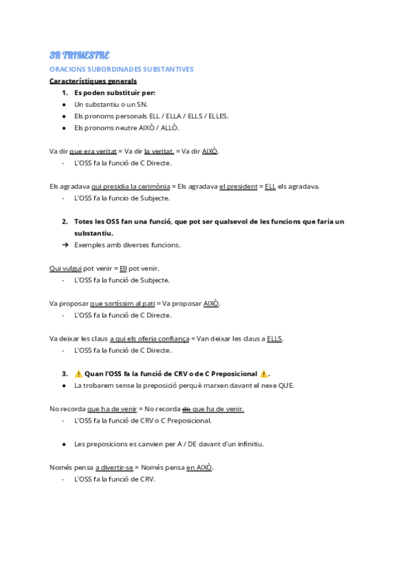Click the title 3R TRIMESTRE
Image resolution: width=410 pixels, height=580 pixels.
coord(79,55)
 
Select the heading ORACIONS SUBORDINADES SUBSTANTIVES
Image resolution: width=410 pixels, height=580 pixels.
coord(122,69)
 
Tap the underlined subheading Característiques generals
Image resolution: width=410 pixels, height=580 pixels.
coord(93,81)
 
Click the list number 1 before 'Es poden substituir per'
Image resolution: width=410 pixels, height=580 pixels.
coord(65,92)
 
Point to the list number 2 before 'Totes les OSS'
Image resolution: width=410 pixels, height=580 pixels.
coord(65,222)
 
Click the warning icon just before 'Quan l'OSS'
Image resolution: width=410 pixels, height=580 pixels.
coord(79,374)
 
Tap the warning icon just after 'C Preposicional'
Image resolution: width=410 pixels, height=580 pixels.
coord(264,374)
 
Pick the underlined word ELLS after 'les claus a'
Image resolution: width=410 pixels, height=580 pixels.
coord(275,339)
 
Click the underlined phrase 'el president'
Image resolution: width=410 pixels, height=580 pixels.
coord(238,186)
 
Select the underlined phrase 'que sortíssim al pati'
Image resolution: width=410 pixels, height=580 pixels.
coord(122,304)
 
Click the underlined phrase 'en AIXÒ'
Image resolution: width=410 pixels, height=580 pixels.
coord(200,468)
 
